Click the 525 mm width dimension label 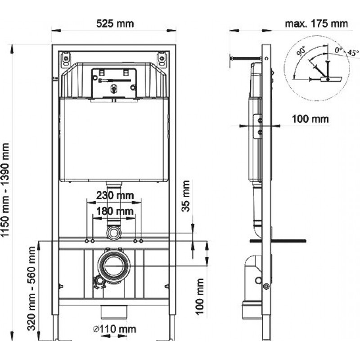coord(115,24)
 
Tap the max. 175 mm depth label coord(316,24)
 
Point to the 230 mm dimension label coord(115,195)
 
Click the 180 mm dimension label coord(115,211)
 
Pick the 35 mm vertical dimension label coord(185,196)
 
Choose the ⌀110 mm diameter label coord(115,329)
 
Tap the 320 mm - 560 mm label coord(31,288)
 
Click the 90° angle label coord(301,50)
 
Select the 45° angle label coord(353,53)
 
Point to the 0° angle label coord(338,50)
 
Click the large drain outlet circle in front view coord(114,265)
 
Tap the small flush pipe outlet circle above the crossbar coord(114,233)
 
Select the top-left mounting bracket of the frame coord(66,59)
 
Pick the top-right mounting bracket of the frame coord(162,59)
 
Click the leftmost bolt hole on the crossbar coord(87,241)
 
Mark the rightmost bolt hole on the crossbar coord(141,241)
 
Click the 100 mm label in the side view coord(310,119)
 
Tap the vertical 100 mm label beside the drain coord(200,297)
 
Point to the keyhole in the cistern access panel coord(113,88)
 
